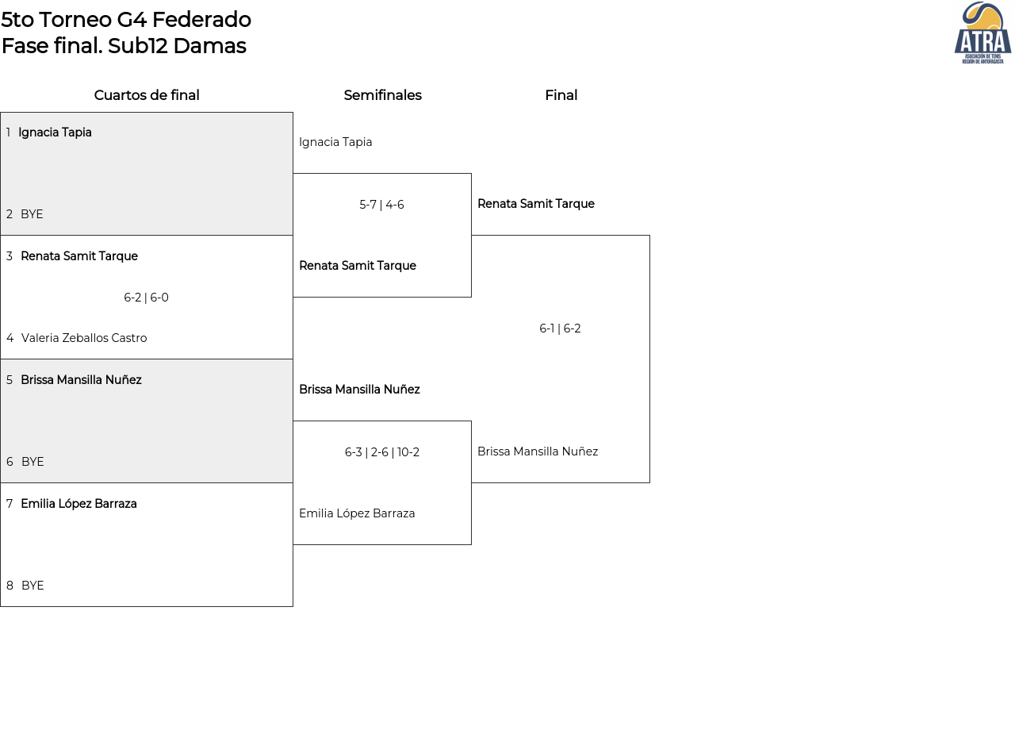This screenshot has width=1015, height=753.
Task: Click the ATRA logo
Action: [982, 33]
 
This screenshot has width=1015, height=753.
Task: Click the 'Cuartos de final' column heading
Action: [147, 95]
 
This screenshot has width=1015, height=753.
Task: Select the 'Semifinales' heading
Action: [382, 95]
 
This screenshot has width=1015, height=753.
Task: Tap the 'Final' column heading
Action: [561, 95]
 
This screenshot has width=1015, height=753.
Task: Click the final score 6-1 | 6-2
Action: [560, 328]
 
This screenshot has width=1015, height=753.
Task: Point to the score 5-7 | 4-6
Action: [381, 205]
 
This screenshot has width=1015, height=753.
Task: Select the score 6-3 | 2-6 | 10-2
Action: [382, 452]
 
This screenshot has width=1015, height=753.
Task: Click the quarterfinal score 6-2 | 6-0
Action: [146, 298]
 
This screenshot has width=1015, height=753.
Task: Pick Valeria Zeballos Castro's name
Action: [84, 338]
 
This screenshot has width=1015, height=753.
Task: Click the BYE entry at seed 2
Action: [32, 214]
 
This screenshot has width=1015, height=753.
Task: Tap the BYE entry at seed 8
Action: [33, 586]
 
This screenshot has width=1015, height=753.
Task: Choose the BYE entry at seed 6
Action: [33, 462]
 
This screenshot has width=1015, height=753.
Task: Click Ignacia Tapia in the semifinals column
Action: [335, 143]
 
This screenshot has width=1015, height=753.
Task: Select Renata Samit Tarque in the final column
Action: [536, 204]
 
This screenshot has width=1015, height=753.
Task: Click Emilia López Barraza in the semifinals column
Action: [357, 513]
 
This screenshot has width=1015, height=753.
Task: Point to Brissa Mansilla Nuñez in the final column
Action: [538, 451]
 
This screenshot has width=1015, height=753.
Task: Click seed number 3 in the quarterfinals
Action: [10, 256]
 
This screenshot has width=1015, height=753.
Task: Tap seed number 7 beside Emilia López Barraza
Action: [10, 504]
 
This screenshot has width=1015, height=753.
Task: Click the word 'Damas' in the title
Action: [210, 46]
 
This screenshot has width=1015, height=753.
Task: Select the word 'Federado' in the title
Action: [201, 20]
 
